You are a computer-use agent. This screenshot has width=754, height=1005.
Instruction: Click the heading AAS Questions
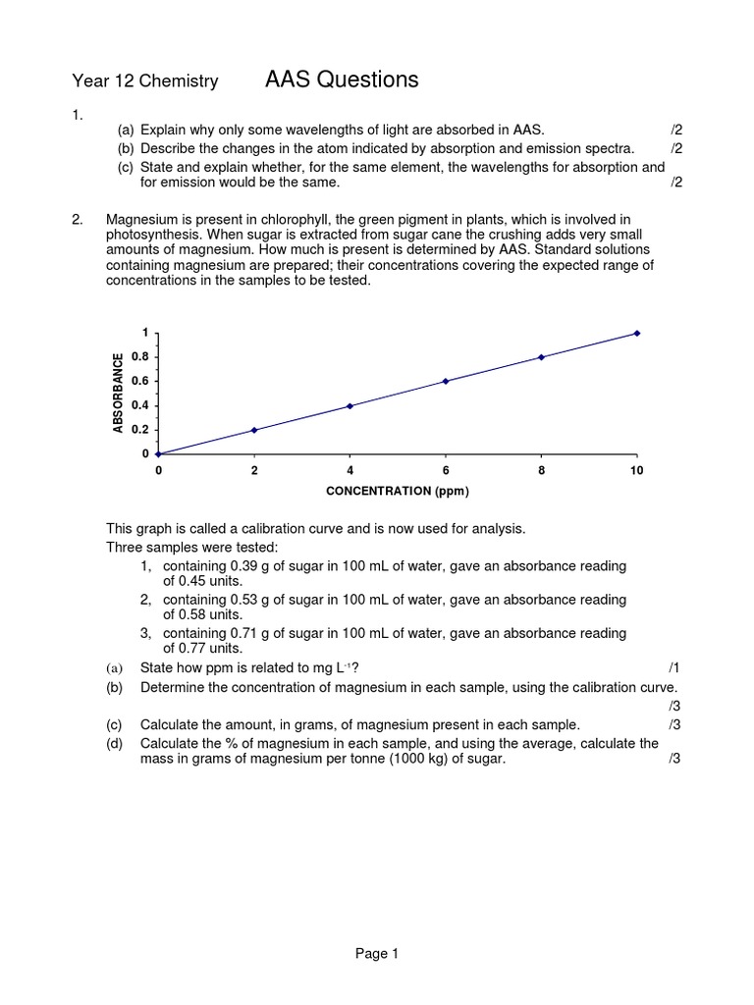point(342,79)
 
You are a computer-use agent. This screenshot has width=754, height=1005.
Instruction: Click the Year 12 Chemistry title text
point(145,81)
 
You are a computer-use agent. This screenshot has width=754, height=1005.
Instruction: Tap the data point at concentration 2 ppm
point(254,430)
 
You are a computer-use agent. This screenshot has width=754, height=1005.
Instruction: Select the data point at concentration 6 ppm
point(446,381)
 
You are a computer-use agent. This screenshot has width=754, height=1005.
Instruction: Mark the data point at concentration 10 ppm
point(637,334)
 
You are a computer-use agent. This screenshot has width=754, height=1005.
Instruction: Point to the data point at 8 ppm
point(542,357)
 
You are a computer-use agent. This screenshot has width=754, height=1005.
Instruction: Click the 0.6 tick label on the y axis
point(141,381)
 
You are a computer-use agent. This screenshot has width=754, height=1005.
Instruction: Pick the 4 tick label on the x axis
point(350,471)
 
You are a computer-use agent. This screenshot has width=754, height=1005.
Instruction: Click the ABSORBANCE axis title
point(118,393)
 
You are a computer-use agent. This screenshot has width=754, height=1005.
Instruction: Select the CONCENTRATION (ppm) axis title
point(398,490)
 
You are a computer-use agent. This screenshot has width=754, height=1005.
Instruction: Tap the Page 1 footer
point(376,953)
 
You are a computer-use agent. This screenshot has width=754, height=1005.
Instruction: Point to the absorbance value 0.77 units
point(204,648)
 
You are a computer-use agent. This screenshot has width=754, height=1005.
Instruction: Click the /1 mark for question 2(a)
point(673,667)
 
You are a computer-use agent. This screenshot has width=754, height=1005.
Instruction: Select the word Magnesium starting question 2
point(141,219)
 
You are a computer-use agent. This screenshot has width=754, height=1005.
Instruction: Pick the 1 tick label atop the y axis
point(146,333)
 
